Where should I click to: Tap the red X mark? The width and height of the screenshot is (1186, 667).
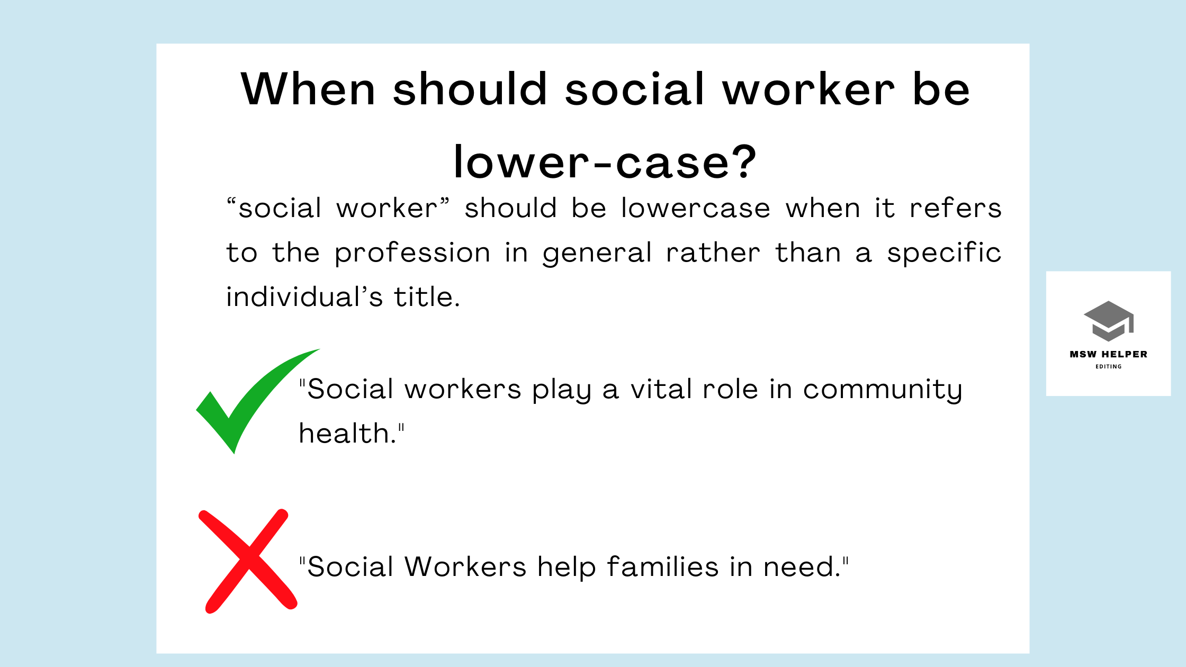[248, 561]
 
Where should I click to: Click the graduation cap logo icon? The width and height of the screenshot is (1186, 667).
[1108, 321]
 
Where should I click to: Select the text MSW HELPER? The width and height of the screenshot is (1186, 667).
[1108, 354]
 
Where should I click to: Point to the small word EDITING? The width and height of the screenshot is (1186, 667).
[1108, 366]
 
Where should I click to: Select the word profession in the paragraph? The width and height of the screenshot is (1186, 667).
[412, 253]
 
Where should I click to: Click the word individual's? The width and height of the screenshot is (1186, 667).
[304, 297]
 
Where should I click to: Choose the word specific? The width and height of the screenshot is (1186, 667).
[944, 253]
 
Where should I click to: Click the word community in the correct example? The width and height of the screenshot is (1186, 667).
[882, 390]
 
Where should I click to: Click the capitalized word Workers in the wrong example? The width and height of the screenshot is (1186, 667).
[465, 567]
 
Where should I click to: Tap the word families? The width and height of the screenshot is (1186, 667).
[662, 567]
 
